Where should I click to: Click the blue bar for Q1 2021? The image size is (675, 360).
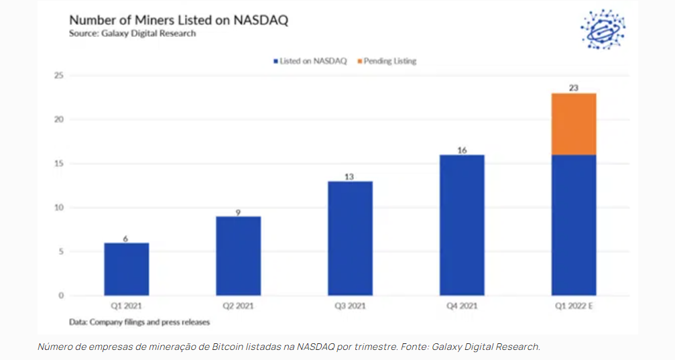coord(127,269)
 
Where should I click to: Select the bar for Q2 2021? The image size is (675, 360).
coord(238,255)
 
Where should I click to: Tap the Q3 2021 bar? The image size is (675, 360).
coord(350,238)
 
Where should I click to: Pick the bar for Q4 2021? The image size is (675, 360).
coord(462,225)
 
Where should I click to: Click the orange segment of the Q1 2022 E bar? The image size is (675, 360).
coord(574,124)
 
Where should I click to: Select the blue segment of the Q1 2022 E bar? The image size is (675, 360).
coord(574,225)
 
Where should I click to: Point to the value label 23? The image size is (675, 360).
coord(574,87)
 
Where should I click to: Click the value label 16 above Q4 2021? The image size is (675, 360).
coord(462,149)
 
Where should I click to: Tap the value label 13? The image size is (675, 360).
coord(350,176)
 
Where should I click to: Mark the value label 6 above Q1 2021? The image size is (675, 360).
coord(127,238)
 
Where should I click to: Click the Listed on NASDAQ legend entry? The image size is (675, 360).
coord(310,61)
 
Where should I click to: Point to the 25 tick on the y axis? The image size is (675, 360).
coord(58,76)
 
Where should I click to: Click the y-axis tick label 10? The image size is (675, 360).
coord(58,208)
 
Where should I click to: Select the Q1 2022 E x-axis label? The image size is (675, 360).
coord(574,306)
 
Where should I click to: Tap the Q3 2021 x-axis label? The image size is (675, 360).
coord(350,306)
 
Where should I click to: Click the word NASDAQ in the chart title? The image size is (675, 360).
coord(261,19)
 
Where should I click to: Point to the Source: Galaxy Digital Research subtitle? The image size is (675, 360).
coord(133,34)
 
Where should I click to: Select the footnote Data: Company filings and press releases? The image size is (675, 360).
coord(139,322)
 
